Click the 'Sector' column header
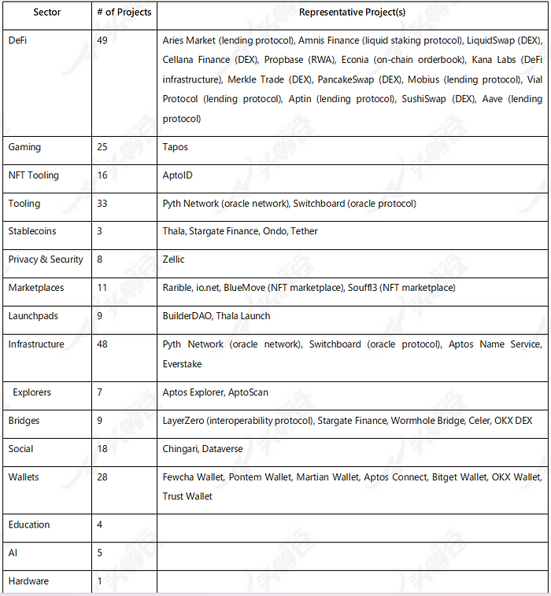click(x=47, y=13)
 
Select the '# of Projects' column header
click(x=124, y=13)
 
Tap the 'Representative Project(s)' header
click(x=352, y=13)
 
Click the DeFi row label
click(x=17, y=40)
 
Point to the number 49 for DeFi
click(x=102, y=40)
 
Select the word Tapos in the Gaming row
click(x=176, y=147)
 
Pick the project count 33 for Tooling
click(x=102, y=204)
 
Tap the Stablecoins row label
click(x=32, y=231)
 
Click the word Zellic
click(x=174, y=259)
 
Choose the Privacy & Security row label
click(x=46, y=259)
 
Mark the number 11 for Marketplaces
click(x=102, y=288)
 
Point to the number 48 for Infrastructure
click(x=102, y=344)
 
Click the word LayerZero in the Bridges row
click(x=183, y=421)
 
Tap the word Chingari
click(x=181, y=449)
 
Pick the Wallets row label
click(x=24, y=477)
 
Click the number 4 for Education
click(x=99, y=524)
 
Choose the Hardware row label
click(x=28, y=581)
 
